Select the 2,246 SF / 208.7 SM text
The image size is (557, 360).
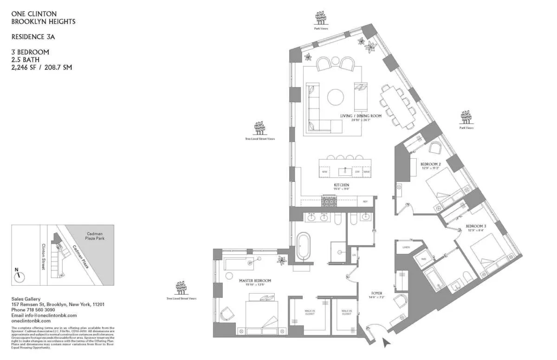41,67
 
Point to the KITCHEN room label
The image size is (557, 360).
341,185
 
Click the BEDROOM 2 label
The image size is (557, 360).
430,164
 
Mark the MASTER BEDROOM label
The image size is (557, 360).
255,281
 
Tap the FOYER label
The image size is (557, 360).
376,293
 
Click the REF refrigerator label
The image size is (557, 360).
365,202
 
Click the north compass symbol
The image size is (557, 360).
19,276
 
